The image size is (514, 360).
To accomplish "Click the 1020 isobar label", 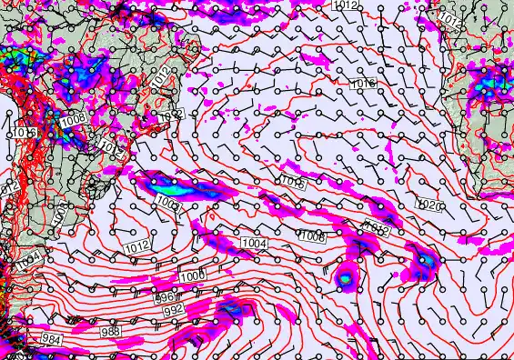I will [x=430, y=207].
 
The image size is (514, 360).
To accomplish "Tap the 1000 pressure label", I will [x=192, y=275].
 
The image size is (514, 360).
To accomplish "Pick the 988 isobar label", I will [x=110, y=331].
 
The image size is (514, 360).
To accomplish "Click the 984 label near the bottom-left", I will [x=53, y=338].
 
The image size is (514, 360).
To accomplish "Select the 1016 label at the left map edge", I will [x=25, y=133].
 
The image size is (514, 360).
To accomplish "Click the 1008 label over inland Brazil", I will [x=73, y=117].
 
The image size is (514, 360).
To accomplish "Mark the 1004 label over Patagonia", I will [x=27, y=261].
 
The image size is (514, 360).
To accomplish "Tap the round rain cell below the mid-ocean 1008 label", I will [x=346, y=278].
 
